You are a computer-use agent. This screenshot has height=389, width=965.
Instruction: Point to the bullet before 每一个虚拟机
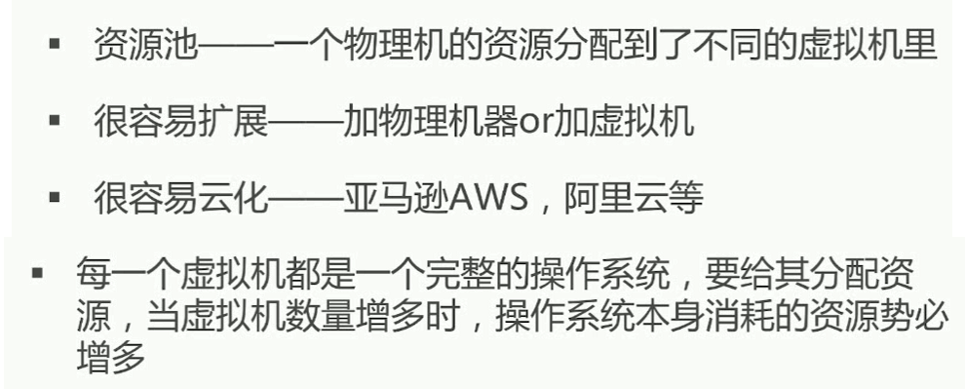pyautogui.click(x=37, y=273)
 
